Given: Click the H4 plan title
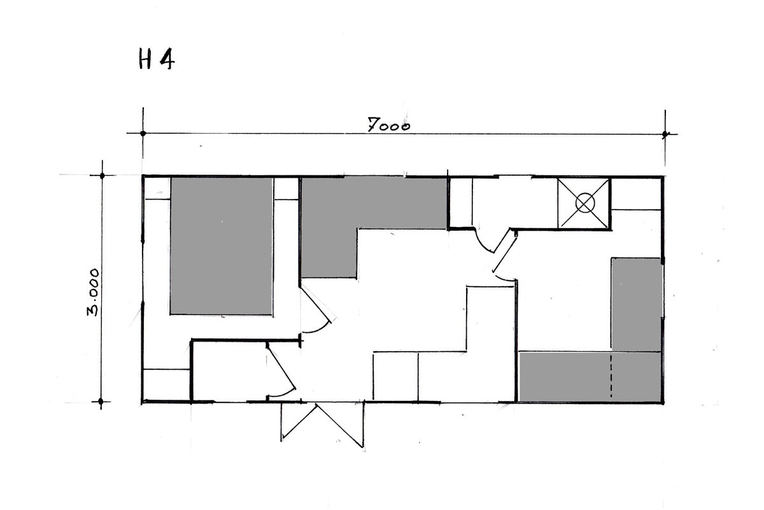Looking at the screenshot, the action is pos(157,59).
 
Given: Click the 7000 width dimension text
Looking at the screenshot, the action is pos(389,125).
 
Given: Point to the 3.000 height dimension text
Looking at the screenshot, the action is pos(93,293).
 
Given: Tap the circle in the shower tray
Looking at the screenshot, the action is pos(585,203).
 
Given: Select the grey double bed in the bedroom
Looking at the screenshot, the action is pos(222,246).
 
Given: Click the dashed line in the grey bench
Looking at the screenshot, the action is pos(611,375).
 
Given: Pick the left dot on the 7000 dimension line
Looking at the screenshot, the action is pos(143,133).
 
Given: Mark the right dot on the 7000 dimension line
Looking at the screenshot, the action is pos(665,135).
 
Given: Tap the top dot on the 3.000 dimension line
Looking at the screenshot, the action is pos(102,175).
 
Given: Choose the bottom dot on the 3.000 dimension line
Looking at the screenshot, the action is pos(101,402).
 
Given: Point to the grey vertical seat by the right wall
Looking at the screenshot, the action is pos(637,304).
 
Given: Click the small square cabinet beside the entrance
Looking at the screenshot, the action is pos(395,375).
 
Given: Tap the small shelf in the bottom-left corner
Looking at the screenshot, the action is pos(167,385).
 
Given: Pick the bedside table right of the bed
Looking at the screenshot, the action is pos(286,189).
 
